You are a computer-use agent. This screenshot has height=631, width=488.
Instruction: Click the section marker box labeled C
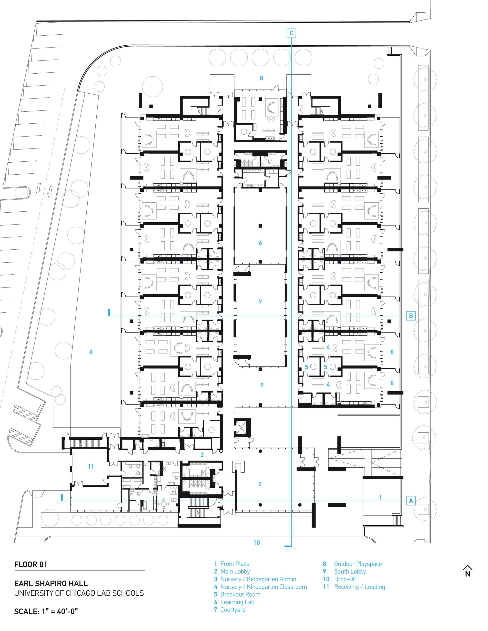(x=291, y=33)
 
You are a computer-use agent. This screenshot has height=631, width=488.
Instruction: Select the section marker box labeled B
(x=411, y=316)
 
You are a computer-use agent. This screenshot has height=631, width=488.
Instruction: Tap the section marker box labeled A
(x=411, y=501)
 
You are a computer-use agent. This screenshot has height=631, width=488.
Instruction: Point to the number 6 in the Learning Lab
(x=260, y=243)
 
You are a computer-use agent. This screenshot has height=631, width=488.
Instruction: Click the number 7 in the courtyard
(x=260, y=302)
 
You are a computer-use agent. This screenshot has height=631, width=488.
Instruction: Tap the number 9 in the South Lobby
(x=262, y=385)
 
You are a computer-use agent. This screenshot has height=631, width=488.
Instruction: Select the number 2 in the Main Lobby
(x=260, y=484)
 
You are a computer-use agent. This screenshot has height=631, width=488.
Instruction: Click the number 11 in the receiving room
(x=91, y=466)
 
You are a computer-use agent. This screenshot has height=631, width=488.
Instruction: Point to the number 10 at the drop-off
(x=257, y=542)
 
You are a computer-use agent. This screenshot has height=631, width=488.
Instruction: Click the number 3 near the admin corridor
(x=202, y=455)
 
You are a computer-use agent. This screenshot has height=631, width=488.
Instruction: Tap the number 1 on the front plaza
(x=380, y=497)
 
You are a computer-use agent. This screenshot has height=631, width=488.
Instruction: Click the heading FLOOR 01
(x=31, y=564)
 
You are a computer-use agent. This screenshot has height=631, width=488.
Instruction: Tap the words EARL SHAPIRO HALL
(x=51, y=584)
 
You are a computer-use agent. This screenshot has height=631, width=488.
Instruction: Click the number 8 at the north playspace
(x=261, y=78)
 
